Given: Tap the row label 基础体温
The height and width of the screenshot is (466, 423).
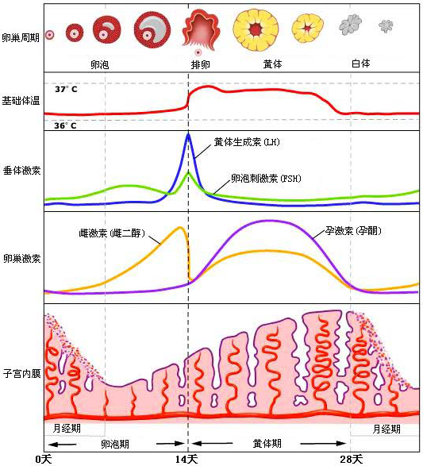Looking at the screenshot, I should [21, 102].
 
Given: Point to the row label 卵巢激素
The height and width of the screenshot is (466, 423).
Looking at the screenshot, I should [21, 259].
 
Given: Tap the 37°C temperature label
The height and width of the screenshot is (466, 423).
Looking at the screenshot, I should [66, 90].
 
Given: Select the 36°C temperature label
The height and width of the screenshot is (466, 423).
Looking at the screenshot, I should [66, 125].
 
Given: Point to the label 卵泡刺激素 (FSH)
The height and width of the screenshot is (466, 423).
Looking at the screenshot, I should [266, 178].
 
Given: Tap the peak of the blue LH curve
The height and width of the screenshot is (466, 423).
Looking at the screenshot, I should [188, 135].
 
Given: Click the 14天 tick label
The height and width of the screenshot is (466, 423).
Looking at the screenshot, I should [188, 458].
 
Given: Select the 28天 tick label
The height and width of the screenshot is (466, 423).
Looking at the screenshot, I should [350, 458].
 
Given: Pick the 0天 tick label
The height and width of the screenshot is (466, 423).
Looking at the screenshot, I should [44, 458].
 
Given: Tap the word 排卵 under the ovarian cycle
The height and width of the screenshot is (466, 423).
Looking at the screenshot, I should [201, 63].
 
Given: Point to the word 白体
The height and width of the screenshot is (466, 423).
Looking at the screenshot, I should [360, 62].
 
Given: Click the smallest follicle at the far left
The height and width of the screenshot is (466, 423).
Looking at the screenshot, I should [49, 34].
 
